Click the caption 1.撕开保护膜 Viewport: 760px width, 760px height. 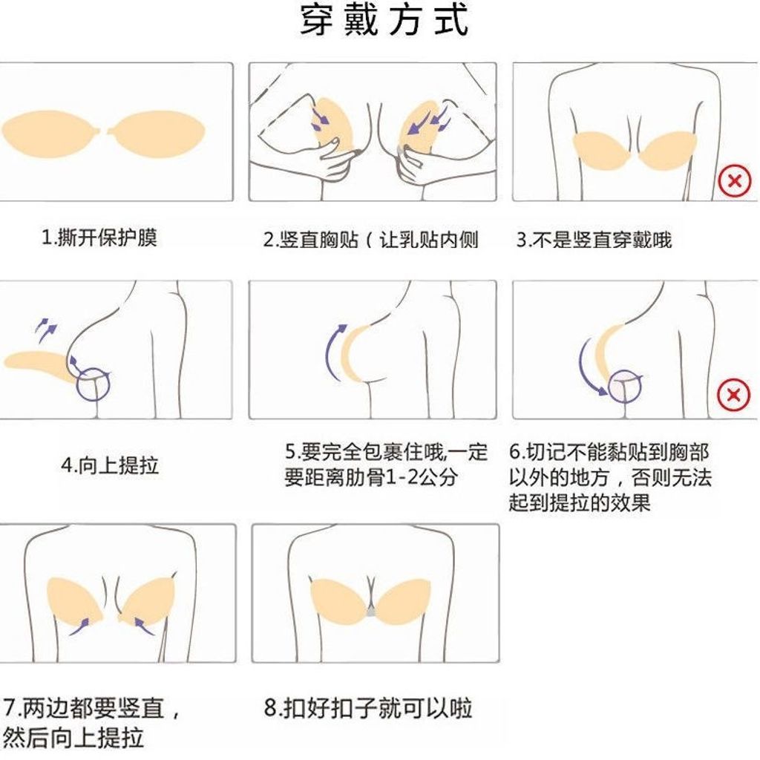pos(99,238)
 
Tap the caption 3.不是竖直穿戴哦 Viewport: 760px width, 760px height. pos(594,240)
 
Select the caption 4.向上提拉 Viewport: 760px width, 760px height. pos(110,465)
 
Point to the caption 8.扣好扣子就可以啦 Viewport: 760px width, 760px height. pos(368,708)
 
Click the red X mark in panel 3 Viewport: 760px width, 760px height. pos(734,181)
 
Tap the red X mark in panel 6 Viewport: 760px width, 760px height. pos(733,395)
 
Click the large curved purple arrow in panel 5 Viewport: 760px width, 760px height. pos(328,353)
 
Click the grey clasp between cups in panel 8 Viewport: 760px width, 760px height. pos(371,612)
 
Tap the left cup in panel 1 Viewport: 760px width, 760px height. pos(51,134)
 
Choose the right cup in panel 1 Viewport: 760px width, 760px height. pos(156,134)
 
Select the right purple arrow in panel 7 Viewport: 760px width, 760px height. pos(145,626)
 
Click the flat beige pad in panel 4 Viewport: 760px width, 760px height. pos(36,362)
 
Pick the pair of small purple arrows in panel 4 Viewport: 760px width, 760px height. pos(46,330)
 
